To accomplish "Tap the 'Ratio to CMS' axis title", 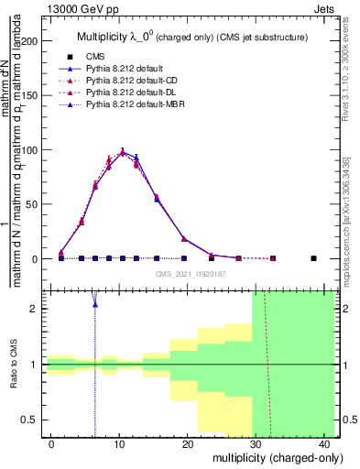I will (x=13, y=365).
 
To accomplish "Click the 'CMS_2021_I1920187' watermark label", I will (x=190, y=274).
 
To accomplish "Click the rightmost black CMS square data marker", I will (x=313, y=258).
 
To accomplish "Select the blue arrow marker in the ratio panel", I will (x=94, y=301).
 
